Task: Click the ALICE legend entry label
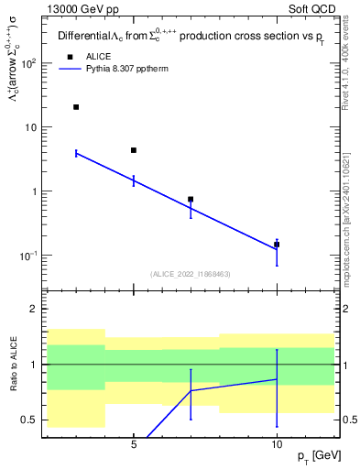click(98, 57)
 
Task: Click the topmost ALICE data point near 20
click(76, 107)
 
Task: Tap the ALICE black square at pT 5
click(134, 150)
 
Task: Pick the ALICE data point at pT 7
click(191, 199)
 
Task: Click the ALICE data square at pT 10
click(277, 245)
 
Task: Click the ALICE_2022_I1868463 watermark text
click(190, 273)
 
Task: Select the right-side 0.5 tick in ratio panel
click(347, 420)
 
